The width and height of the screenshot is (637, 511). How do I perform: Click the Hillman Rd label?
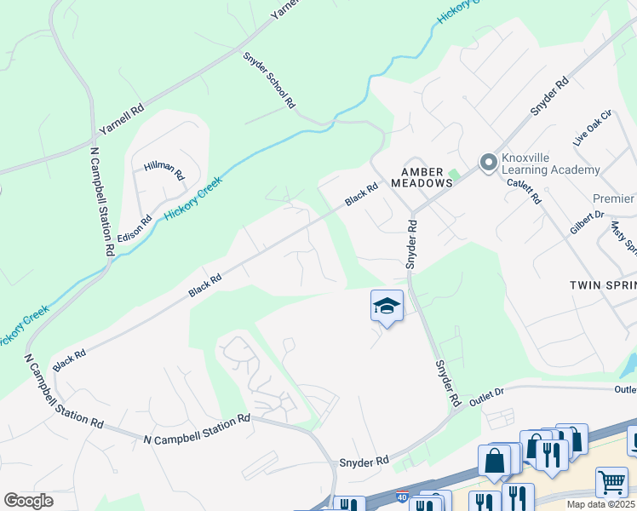tap(164, 170)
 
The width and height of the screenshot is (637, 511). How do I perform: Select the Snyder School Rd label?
tap(269, 81)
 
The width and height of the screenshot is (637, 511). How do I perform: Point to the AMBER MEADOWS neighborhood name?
tap(421, 176)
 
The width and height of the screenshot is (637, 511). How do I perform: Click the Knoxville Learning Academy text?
tap(550, 164)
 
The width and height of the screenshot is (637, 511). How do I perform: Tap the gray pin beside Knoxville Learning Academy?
tap(488, 162)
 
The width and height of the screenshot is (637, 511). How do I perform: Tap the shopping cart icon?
tap(611, 483)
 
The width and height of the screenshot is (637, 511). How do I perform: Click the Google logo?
tap(28, 501)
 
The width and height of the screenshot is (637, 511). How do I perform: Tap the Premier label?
tap(614, 198)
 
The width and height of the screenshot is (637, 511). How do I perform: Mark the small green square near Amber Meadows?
tap(454, 175)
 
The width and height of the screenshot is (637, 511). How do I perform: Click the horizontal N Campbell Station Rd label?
tap(197, 430)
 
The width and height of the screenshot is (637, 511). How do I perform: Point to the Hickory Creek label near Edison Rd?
tap(193, 198)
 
